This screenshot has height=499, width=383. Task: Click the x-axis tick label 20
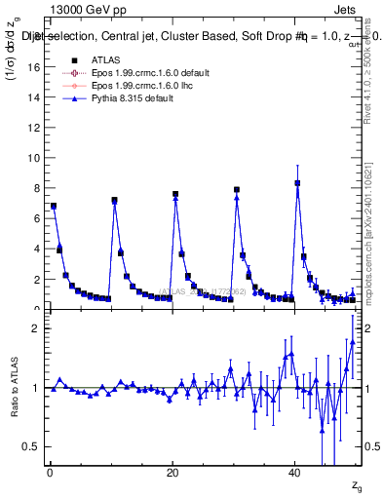(x=172, y=473)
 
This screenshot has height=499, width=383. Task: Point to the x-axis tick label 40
(x=295, y=473)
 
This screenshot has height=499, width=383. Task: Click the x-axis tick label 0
(x=50, y=473)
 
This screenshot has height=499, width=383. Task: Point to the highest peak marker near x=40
(x=297, y=183)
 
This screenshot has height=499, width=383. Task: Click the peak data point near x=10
(x=114, y=200)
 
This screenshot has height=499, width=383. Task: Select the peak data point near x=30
(x=237, y=190)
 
